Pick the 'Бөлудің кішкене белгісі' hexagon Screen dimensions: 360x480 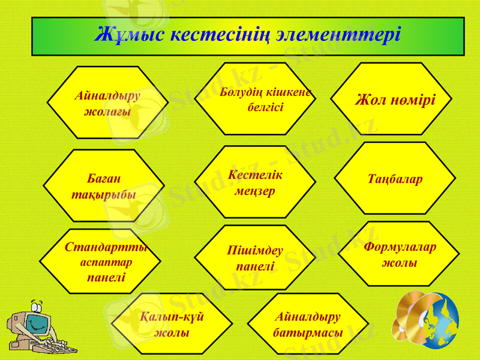click(256, 100)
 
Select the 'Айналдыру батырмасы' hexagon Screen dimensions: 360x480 click(308, 325)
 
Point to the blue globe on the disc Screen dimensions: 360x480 click(441, 321)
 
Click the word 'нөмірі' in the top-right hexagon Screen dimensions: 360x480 click(412, 99)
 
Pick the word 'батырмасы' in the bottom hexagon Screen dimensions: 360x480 click(308, 332)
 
